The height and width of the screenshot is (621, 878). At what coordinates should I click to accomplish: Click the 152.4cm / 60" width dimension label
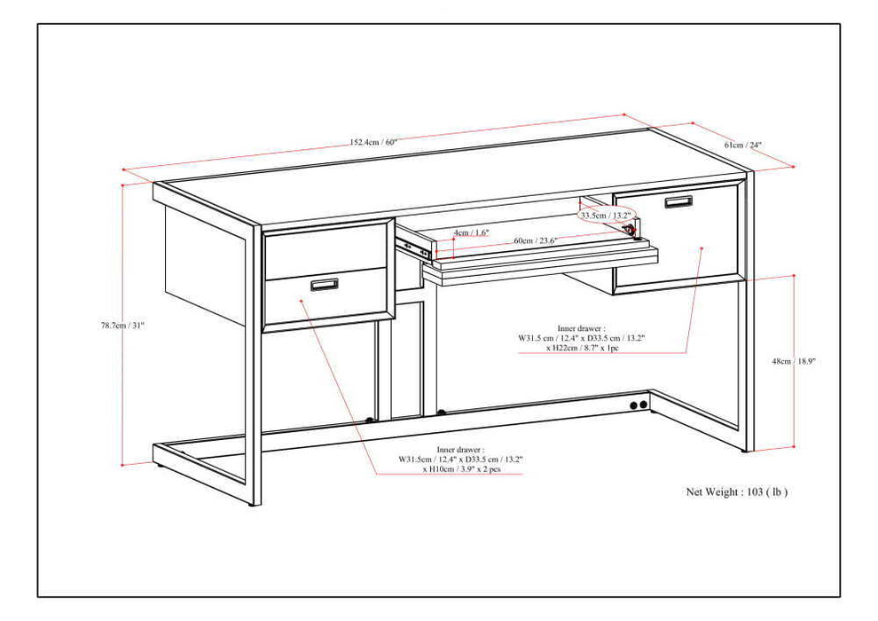pos(372,141)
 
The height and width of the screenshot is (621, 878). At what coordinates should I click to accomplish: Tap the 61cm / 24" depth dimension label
pos(742,145)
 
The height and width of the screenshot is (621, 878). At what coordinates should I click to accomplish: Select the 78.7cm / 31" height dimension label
pos(122,326)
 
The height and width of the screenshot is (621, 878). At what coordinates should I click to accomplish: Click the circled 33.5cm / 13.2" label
pos(605,215)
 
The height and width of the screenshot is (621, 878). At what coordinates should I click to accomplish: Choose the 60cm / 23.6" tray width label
pos(536,240)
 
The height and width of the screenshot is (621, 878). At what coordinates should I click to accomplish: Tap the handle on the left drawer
pos(324,284)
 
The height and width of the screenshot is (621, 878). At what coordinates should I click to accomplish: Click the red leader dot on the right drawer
pos(702,249)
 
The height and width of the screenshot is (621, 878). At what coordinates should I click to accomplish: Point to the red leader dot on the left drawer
pos(302,301)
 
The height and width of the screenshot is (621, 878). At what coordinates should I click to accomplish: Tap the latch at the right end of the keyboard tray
pos(631,231)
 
